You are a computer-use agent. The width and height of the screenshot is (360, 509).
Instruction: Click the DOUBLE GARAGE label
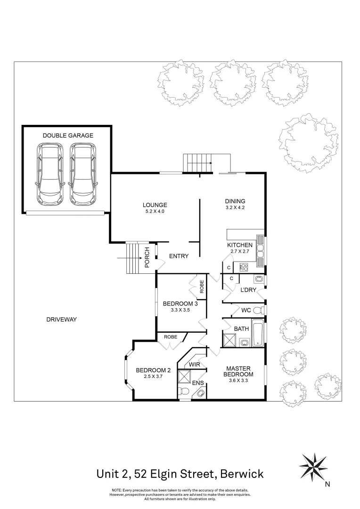pos(68,135)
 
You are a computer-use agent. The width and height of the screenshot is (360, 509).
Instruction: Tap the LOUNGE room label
pos(155,205)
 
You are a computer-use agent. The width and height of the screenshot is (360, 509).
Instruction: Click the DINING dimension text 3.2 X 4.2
pos(235,207)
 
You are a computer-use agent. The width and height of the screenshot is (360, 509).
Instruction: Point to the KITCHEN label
pos(240,246)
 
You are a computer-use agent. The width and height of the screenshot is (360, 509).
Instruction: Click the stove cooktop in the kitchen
pos(244,268)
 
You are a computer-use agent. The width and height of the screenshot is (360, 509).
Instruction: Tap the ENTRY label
pos(179,256)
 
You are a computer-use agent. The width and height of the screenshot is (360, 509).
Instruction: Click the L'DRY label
pos(248,290)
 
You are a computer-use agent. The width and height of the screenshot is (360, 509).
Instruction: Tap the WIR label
pos(195,365)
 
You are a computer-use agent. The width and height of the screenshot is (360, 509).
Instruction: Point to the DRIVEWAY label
pos(61,320)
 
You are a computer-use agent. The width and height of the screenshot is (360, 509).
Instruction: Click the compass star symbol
pos(313,466)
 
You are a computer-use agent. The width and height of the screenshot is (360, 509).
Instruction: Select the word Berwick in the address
pos(242,473)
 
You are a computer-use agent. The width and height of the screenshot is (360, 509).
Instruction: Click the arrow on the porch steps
pos(125,258)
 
